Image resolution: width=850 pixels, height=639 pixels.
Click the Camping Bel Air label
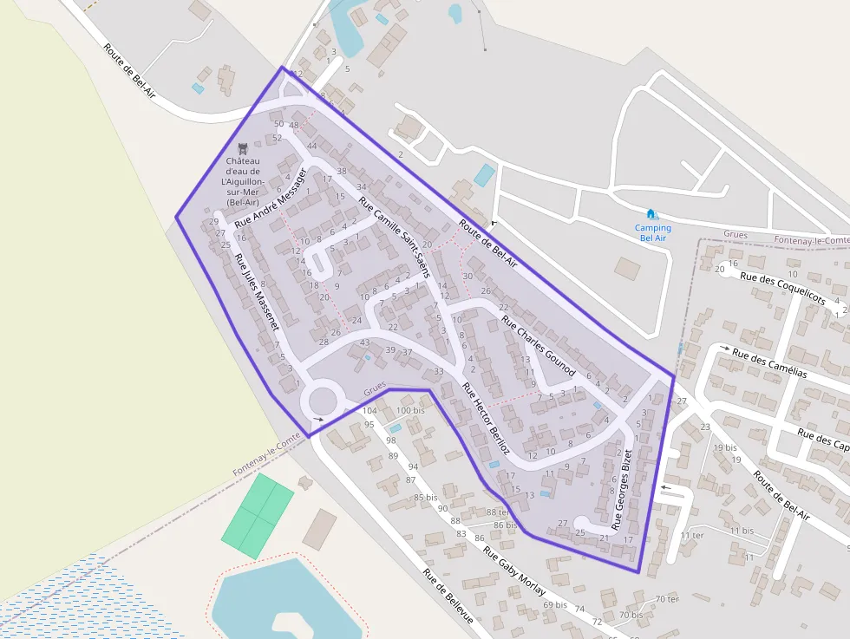(652, 233)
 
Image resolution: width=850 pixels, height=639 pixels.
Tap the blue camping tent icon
(651, 213)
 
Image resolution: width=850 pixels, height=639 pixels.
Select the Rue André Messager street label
(271, 199)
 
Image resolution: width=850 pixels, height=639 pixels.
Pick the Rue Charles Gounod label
(538, 346)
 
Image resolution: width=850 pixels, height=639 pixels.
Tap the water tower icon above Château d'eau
(242, 148)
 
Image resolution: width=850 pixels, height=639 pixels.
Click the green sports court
(258, 515)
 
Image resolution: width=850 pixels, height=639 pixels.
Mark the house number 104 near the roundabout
(369, 410)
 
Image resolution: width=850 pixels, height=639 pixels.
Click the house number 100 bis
(410, 410)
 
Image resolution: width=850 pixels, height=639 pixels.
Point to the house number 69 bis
(555, 604)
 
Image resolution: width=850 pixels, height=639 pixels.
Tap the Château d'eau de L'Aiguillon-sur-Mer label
(248, 181)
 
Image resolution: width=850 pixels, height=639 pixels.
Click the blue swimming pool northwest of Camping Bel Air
(484, 174)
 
